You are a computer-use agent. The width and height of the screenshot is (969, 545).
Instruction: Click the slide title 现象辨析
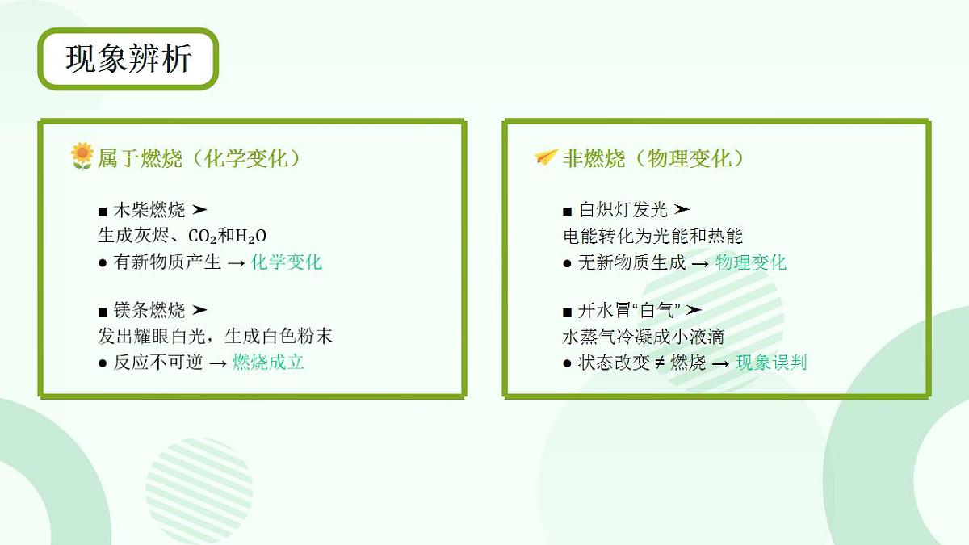128,59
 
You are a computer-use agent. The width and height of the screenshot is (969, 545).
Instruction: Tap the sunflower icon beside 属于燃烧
82,156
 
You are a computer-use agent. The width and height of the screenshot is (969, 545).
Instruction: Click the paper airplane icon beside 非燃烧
546,157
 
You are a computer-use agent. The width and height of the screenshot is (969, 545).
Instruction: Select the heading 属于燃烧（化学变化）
199,157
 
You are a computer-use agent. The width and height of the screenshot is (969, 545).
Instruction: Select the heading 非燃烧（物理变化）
653,157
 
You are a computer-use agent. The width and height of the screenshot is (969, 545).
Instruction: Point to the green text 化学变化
286,262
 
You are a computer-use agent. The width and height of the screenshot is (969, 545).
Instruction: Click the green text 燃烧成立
268,362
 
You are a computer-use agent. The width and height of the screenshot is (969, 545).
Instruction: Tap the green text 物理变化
750,262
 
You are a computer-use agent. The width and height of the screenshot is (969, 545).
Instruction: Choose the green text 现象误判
771,362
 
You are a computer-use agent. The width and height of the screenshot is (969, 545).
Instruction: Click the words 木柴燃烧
149,210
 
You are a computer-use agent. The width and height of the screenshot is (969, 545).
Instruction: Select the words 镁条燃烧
149,310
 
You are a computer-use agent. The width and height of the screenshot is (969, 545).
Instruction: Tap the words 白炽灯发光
623,210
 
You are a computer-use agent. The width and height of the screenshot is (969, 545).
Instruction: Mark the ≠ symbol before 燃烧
659,363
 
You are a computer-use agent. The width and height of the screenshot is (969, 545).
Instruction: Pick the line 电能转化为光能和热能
652,236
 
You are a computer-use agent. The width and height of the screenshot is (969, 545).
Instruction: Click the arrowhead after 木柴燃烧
199,210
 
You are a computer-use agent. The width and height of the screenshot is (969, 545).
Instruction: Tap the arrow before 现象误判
720,363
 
